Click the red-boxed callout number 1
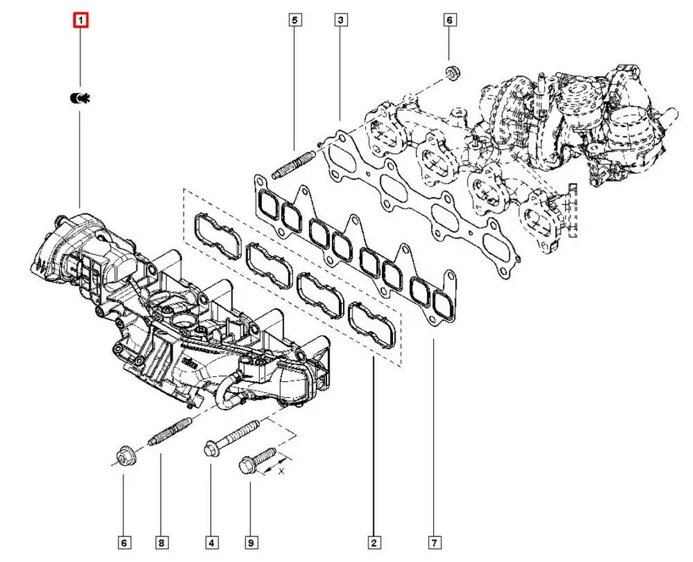pos(81,21)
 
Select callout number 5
pos(295,21)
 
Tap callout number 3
pos(340,21)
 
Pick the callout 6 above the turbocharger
pos(448,21)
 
